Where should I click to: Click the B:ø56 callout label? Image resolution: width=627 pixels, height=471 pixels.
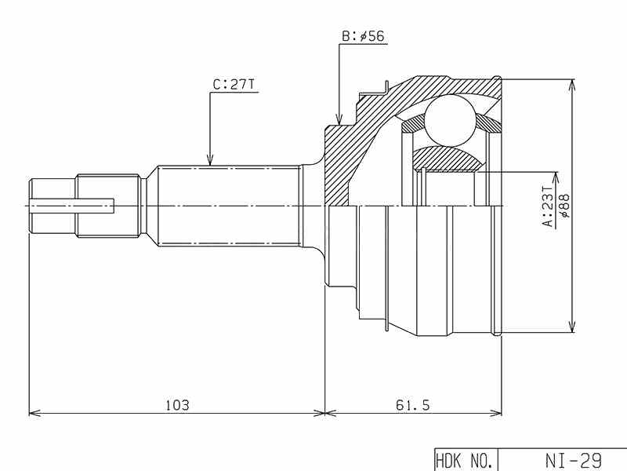[x=363, y=36]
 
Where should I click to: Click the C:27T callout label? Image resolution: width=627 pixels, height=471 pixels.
[x=234, y=85]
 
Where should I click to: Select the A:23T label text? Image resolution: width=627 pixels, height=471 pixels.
[x=548, y=206]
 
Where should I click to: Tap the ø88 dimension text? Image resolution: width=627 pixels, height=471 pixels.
[x=565, y=206]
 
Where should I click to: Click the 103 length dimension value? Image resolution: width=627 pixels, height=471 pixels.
[x=177, y=405]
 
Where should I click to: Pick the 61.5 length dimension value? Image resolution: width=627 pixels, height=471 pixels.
[x=413, y=405]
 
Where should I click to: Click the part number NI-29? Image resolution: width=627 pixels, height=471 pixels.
[x=573, y=460]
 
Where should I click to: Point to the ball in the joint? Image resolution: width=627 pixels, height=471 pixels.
[x=451, y=120]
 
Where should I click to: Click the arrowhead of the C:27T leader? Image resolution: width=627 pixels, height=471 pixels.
[x=210, y=160]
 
